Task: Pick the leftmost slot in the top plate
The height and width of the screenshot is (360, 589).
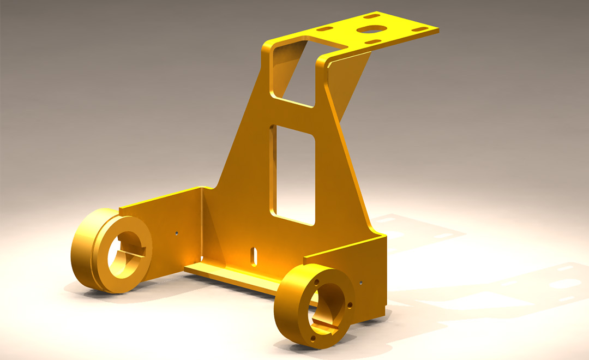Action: point(325,28)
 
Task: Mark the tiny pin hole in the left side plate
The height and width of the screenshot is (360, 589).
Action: point(177,233)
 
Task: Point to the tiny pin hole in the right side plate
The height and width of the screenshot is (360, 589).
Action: point(361,283)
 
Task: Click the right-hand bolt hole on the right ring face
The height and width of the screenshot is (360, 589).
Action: point(350,304)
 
